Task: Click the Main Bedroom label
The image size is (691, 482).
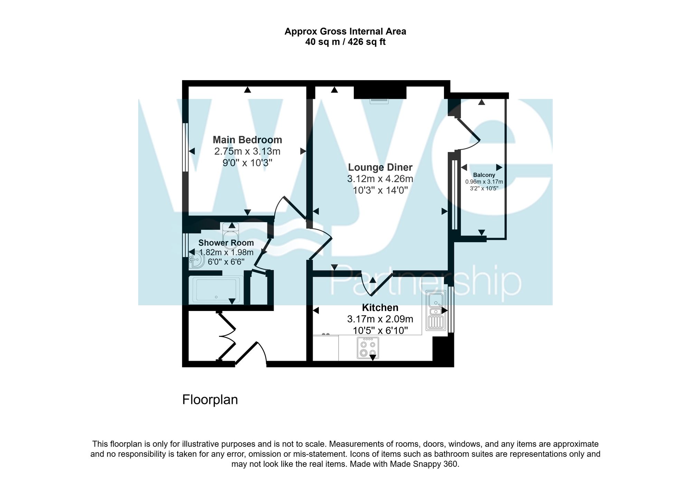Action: pos(247,140)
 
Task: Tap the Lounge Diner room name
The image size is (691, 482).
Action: pos(380,168)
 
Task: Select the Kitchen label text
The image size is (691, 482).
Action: pos(380,308)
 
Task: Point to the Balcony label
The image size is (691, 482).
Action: pos(484,175)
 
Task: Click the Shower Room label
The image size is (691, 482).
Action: pos(226,243)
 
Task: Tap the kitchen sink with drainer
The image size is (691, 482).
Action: pos(436,310)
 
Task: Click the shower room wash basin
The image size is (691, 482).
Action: pos(196,260)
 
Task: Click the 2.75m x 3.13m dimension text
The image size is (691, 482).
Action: pos(247,151)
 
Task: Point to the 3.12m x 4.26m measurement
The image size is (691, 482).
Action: pos(380,179)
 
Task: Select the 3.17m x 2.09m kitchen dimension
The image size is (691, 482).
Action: pos(380,319)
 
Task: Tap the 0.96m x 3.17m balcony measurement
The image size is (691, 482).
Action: pos(484,182)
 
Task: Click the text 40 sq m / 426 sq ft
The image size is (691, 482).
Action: pos(345,42)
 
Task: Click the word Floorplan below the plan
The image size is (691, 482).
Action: pos(210,400)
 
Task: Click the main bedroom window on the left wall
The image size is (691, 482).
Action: pos(186,147)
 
